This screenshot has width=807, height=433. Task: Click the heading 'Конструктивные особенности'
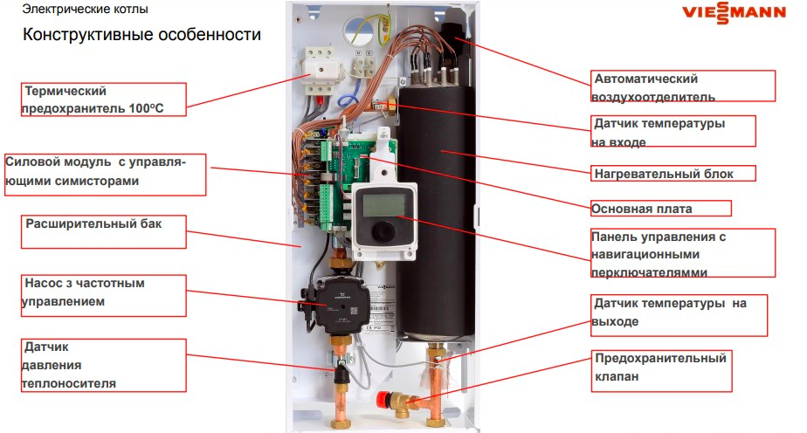pos(141,36)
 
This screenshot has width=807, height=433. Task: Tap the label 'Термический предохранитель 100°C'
pos(104,99)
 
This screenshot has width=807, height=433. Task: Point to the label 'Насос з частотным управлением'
pos(103,295)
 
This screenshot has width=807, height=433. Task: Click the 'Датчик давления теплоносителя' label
pos(102,366)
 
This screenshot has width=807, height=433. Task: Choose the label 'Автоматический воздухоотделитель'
pos(682,86)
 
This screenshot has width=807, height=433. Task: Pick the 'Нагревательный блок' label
pos(673,173)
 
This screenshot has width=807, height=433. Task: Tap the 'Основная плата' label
pos(659,209)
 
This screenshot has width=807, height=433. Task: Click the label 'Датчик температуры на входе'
pos(671,131)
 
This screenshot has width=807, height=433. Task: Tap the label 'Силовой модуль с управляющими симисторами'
pos(104,174)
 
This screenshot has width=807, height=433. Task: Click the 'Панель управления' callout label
pos(682,254)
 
